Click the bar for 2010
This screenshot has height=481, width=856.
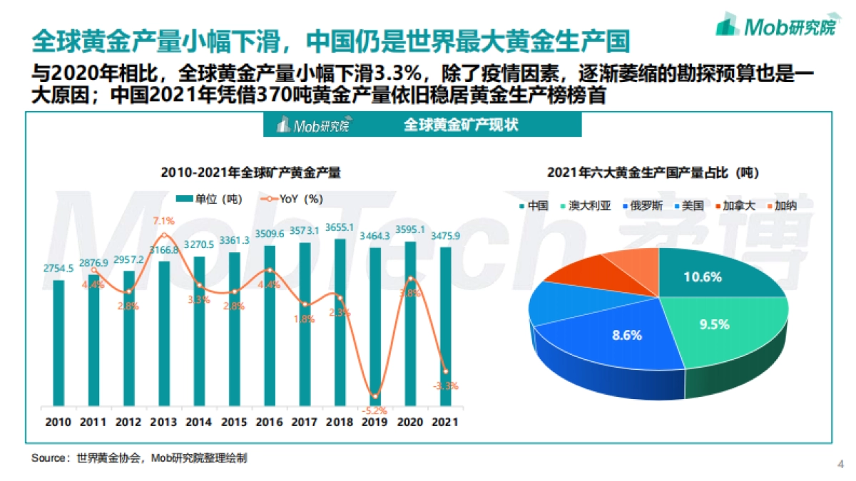pyautogui.click(x=58, y=342)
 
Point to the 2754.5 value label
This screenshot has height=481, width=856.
pyautogui.click(x=58, y=269)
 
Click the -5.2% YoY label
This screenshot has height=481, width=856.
pyautogui.click(x=374, y=410)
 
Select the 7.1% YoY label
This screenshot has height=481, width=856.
pyautogui.click(x=164, y=220)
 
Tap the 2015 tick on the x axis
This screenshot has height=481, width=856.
pyautogui.click(x=234, y=422)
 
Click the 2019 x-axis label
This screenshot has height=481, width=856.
pyautogui.click(x=374, y=422)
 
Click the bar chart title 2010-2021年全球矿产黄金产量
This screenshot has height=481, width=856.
pyautogui.click(x=250, y=172)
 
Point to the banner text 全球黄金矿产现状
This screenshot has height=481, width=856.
pyautogui.click(x=461, y=125)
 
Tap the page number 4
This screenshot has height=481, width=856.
pyautogui.click(x=840, y=465)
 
